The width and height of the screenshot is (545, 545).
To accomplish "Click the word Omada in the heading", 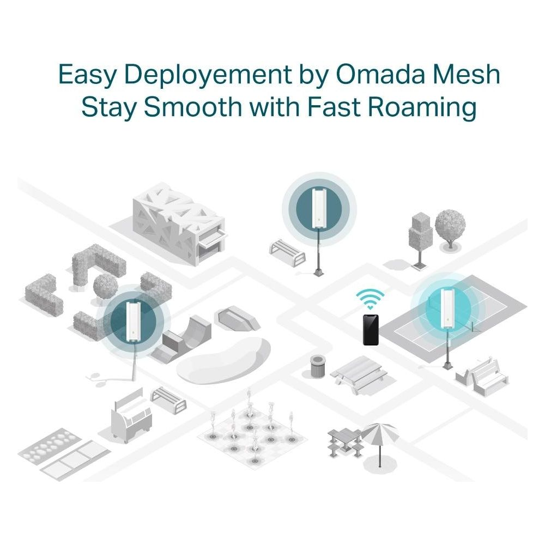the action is coord(380,74).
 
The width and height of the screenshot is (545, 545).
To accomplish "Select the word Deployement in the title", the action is coord(208,75).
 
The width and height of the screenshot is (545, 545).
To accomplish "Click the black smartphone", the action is coord(371,330).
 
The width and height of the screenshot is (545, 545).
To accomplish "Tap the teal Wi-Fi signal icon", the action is coord(370,299).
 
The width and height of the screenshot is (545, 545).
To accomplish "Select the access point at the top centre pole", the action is coord(319,208).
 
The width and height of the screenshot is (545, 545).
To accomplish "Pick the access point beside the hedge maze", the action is coord(133,322).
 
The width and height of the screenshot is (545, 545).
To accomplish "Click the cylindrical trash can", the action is coord(318,366).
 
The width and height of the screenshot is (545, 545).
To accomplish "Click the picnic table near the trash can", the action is coord(359,374).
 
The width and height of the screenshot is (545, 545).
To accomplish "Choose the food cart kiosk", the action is coord(131,415).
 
